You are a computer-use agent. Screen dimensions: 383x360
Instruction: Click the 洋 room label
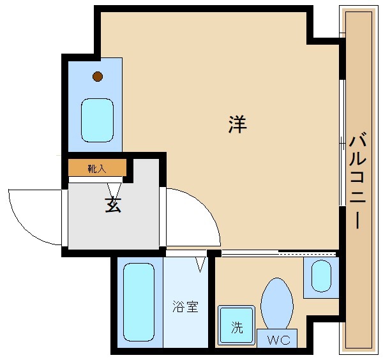(237, 124)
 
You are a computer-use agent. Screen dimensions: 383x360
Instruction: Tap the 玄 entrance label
(113, 205)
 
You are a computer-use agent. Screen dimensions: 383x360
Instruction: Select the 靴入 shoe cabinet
(97, 167)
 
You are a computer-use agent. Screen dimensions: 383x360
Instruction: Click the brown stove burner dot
(98, 77)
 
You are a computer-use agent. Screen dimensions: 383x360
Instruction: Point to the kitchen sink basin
(97, 120)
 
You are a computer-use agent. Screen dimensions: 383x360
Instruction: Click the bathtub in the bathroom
(139, 302)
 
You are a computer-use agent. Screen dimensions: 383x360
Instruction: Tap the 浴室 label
(185, 306)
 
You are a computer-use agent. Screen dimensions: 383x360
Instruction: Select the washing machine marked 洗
(236, 325)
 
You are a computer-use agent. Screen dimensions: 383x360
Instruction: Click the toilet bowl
(277, 304)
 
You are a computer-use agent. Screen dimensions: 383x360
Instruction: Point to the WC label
(278, 340)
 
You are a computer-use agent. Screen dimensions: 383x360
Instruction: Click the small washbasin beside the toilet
(322, 276)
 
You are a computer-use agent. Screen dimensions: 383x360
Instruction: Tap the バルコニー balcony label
(357, 181)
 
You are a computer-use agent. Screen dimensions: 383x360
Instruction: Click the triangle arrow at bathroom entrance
(200, 264)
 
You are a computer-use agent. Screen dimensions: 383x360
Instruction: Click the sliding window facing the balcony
(342, 143)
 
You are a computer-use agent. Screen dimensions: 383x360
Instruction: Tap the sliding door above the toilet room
(279, 253)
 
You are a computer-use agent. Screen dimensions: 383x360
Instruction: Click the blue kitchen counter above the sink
(95, 105)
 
